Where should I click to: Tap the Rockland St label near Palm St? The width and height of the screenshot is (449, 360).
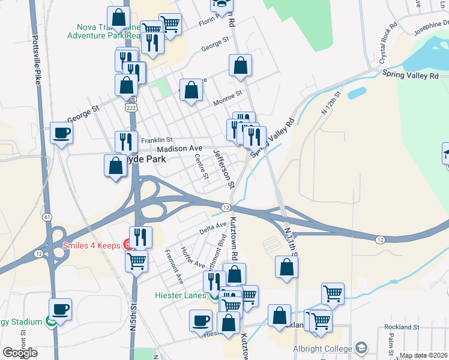coord(402,327)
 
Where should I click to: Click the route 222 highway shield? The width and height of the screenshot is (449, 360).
coord(131,107)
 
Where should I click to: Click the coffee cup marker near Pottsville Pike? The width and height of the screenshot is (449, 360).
coord(61,133)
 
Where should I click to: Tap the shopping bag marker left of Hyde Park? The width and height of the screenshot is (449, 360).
coord(115,166)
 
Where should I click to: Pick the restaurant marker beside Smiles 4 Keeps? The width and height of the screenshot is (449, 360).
coord(140,236)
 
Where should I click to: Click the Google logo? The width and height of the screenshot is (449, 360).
coord(20,353)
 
